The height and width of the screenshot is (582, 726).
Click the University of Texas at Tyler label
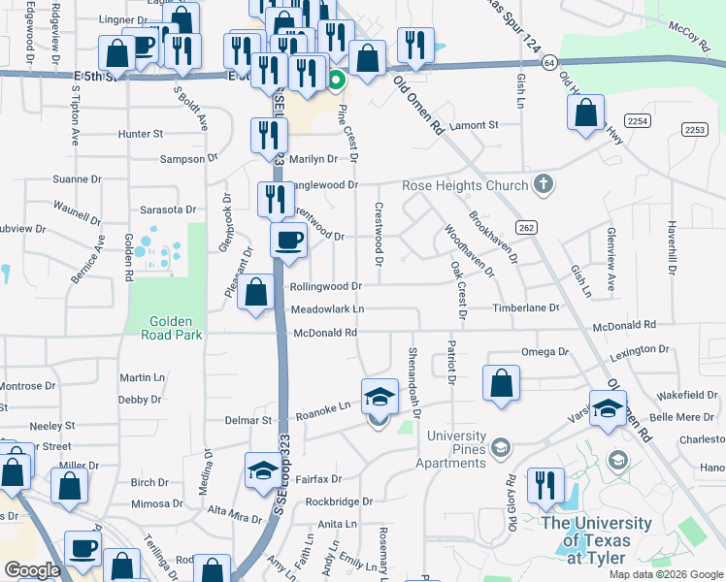[598, 540]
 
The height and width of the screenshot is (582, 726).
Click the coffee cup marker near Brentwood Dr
[289, 240]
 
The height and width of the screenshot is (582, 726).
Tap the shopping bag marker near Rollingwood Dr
[256, 292]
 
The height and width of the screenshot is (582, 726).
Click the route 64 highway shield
[549, 62]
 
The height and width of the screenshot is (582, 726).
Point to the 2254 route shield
[637, 120]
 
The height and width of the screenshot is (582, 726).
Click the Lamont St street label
[474, 125]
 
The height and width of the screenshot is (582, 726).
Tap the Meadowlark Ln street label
[328, 309]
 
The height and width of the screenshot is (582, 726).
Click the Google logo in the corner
[33, 570]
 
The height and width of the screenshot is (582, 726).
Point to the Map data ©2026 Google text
[665, 574]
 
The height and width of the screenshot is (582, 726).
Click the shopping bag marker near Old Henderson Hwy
[586, 112]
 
